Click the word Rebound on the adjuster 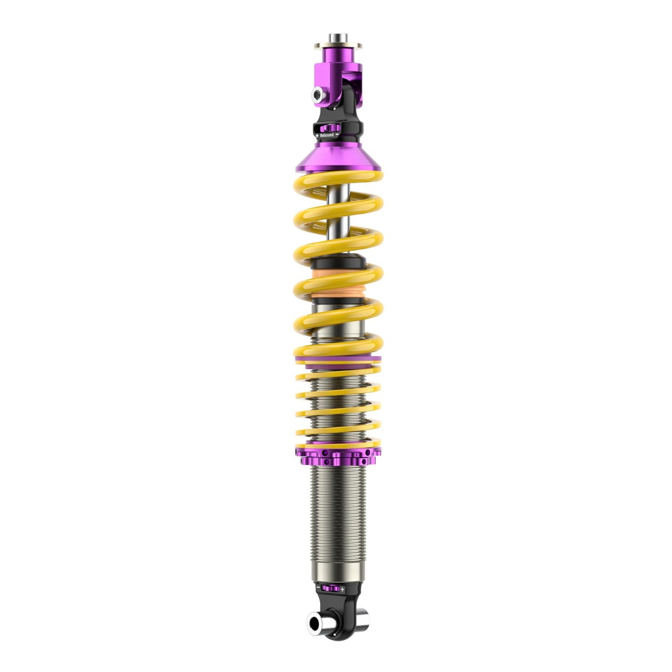point(327,135)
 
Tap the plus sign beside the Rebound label point(317,136)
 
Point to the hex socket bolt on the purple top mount point(318,94)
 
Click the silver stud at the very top point(338,38)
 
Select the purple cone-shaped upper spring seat point(338,158)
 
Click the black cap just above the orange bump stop point(338,262)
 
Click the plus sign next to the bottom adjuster point(342,589)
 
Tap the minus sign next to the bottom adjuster point(318,587)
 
